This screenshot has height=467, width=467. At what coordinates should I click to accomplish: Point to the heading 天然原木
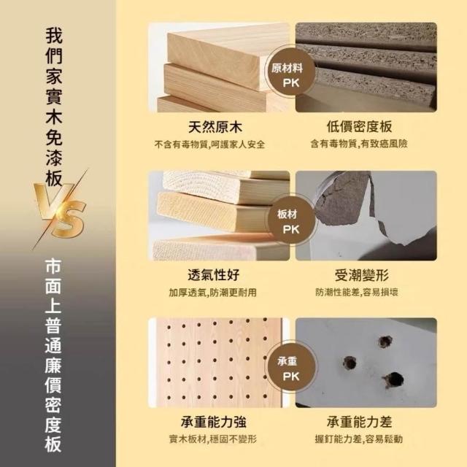(x=215, y=127)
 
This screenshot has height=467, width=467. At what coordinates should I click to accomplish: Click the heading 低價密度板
(x=360, y=126)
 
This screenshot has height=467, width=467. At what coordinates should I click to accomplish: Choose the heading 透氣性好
(x=214, y=274)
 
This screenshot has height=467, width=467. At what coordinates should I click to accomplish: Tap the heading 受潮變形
(x=362, y=274)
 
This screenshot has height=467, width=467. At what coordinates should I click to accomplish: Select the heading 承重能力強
(x=214, y=422)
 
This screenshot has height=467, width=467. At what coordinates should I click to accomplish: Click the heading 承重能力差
(x=360, y=422)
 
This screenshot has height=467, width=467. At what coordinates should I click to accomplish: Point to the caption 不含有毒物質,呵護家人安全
(x=209, y=144)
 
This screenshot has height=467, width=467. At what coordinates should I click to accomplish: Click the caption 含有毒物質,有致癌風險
(x=359, y=144)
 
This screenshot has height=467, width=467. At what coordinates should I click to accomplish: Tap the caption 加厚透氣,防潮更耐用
(x=212, y=293)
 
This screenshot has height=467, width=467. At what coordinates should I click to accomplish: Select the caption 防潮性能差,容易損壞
(x=357, y=292)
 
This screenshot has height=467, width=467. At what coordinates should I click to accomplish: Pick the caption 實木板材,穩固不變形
(x=212, y=439)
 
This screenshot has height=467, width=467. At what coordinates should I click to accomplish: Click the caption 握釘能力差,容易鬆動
(x=359, y=439)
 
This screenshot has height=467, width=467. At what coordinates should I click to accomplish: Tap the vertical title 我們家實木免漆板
(x=54, y=107)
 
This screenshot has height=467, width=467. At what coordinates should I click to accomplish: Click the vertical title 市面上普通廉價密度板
(x=53, y=355)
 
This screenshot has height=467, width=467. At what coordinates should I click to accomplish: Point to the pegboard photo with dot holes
(x=219, y=363)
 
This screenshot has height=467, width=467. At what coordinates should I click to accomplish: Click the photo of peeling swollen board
(x=366, y=215)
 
